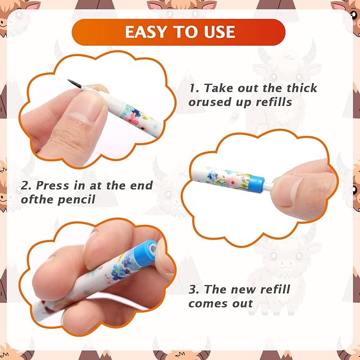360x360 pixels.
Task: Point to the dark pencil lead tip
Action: point(74,83)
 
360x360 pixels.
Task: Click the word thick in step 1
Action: point(302,88)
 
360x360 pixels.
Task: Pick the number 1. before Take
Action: point(194,88)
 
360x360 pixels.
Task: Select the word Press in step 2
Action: point(52,185)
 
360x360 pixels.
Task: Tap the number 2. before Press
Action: point(26,186)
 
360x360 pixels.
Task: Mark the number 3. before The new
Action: point(194,289)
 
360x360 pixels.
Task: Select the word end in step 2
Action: point(142,185)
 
